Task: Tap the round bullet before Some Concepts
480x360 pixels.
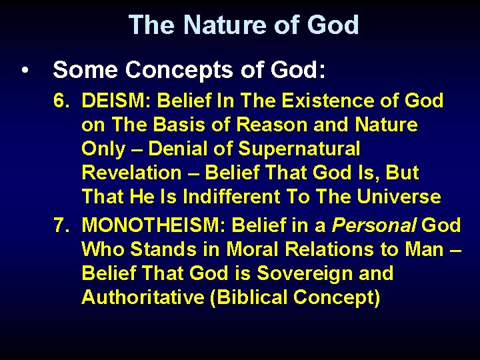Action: point(25,70)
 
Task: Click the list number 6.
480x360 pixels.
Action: point(61,101)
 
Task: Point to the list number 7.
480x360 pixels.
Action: point(61,225)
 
